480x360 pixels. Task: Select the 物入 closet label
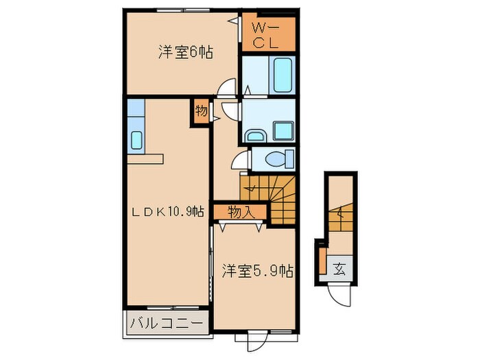(241, 212)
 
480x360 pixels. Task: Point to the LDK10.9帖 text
(166, 212)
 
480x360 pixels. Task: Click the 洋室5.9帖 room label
(257, 272)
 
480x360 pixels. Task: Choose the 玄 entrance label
(339, 267)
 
